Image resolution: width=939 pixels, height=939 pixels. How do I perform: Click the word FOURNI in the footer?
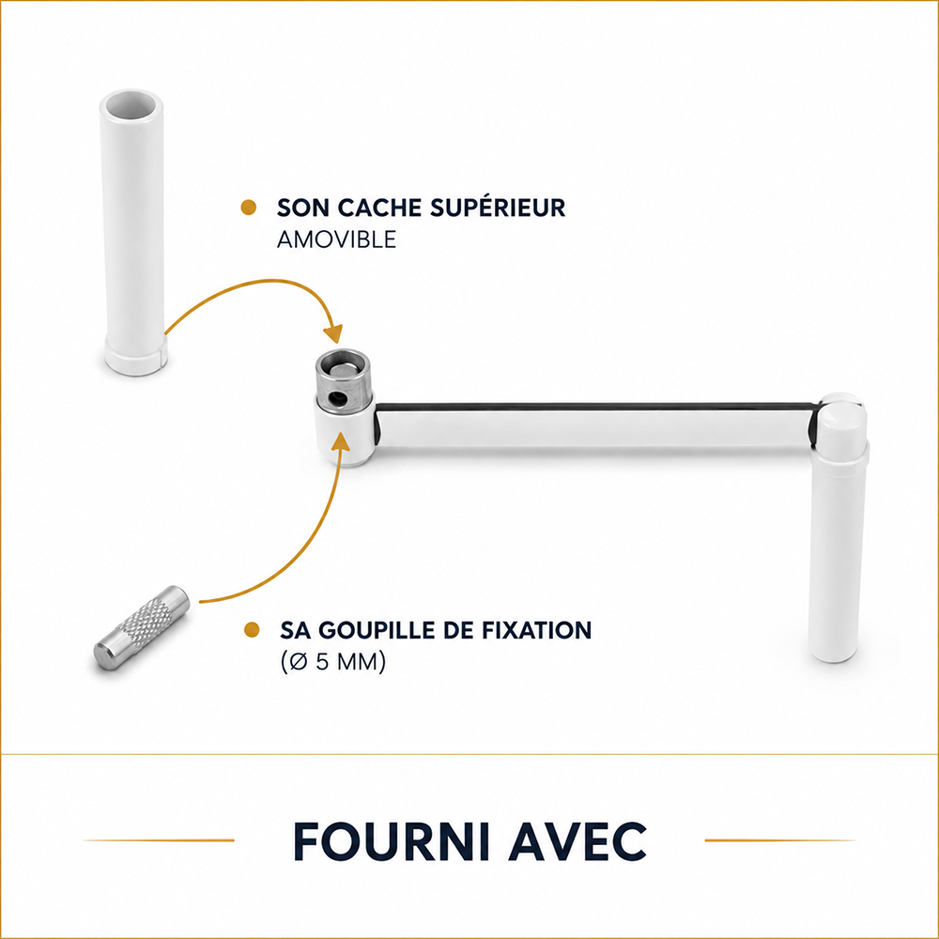pyautogui.click(x=392, y=840)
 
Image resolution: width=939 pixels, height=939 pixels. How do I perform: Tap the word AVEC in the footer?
pyautogui.click(x=577, y=840)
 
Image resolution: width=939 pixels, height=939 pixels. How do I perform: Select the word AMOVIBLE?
pyautogui.click(x=336, y=239)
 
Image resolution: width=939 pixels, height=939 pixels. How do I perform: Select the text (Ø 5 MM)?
pyautogui.click(x=333, y=662)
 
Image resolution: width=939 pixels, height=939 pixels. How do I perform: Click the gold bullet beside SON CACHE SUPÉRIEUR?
pyautogui.click(x=249, y=208)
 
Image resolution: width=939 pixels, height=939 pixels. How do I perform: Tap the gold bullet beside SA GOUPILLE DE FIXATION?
pyautogui.click(x=252, y=630)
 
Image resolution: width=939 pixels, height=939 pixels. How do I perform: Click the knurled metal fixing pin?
pyautogui.click(x=142, y=627)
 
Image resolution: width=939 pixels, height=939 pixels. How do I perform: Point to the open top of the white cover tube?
pyautogui.click(x=131, y=106)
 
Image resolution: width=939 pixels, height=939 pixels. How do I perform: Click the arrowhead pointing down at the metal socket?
pyautogui.click(x=332, y=333)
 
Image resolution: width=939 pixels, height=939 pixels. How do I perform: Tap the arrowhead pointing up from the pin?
pyautogui.click(x=340, y=441)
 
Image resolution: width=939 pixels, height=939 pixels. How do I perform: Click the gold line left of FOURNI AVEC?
pyautogui.click(x=159, y=840)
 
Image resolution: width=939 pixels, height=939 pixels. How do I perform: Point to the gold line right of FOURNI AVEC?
pyautogui.click(x=780, y=840)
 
